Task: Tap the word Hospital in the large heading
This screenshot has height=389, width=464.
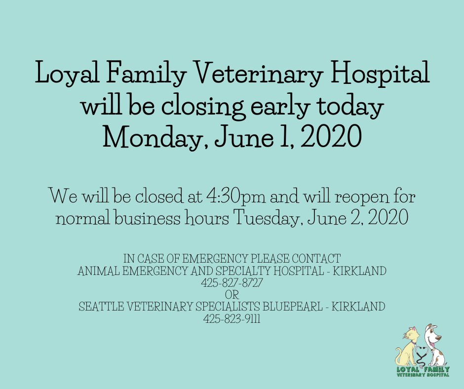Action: pos(380,72)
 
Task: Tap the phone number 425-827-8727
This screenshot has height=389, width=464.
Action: pos(232,283)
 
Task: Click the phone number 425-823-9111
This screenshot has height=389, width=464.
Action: pos(232,319)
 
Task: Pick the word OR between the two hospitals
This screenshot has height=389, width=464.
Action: pos(232,295)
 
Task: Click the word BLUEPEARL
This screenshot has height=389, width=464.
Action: pos(292,307)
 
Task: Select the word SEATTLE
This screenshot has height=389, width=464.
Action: pos(101,307)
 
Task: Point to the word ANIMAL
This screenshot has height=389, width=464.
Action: pos(99,271)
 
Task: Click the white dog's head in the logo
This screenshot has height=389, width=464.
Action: pos(432,336)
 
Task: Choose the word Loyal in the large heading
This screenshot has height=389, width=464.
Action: pos(67,73)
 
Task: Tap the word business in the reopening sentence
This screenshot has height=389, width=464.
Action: pos(148,218)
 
